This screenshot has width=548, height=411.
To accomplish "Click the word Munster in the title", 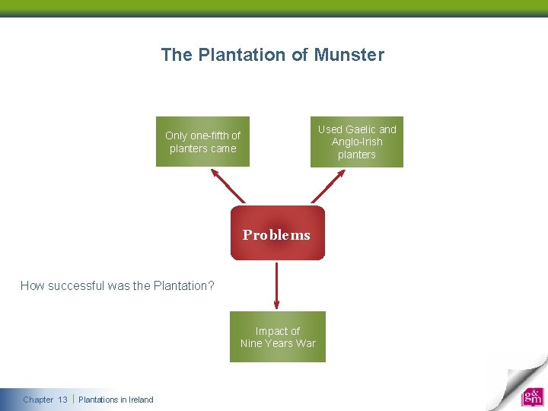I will [x=350, y=55].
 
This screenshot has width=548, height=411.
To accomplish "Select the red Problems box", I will [x=277, y=234].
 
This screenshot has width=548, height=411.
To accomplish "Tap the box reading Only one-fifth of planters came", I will [x=202, y=142].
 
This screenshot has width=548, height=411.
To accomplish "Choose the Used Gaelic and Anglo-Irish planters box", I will [x=356, y=142].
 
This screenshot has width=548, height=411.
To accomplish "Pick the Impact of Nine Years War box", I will [x=277, y=336].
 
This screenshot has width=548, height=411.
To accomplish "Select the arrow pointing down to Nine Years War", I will [x=277, y=285].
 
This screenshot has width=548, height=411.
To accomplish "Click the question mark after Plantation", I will [x=212, y=286].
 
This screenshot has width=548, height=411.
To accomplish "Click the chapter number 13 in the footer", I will [x=62, y=400].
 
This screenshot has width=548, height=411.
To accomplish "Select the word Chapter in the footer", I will [x=38, y=400].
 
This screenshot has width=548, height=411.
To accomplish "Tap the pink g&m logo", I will [x=532, y=397].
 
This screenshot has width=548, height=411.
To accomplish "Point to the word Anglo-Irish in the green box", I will [x=357, y=142].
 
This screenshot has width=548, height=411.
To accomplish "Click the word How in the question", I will [x=31, y=286].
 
